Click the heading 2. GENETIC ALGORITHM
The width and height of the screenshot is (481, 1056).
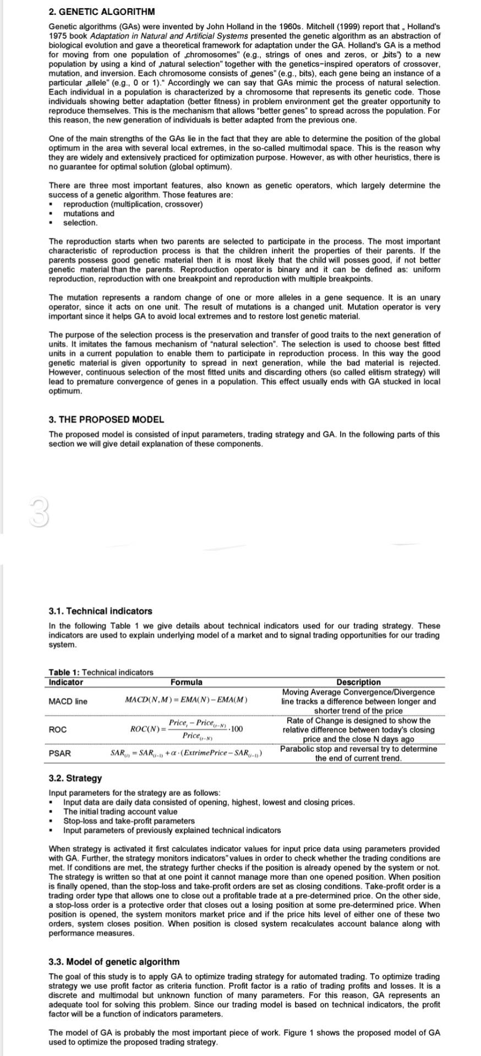coord(102,12)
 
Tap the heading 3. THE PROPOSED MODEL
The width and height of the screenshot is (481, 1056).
coord(106,420)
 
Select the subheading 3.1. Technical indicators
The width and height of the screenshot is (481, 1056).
coord(100,611)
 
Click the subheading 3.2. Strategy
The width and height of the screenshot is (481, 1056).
coord(75,778)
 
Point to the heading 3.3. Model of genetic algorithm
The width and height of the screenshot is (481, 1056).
coord(114,962)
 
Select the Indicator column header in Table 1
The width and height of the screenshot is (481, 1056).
coord(66,683)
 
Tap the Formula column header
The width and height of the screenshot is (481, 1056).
coord(186,683)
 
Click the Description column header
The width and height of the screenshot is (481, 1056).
coord(358,683)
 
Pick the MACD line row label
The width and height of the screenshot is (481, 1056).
coord(68,701)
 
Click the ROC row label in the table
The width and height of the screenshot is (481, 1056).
coord(58,729)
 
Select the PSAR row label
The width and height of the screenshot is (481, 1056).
coord(59,754)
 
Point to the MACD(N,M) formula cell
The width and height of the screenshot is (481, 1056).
coord(186,700)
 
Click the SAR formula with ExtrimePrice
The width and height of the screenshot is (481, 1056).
coord(186,753)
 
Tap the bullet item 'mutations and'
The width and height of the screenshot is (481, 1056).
coord(89,213)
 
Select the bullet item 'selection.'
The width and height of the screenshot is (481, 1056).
coord(80,223)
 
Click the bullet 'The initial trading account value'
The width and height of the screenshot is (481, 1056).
coord(121,811)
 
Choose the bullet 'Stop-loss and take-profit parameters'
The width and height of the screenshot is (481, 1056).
coord(129,821)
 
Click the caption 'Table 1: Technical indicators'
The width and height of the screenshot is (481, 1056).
coord(101,672)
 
